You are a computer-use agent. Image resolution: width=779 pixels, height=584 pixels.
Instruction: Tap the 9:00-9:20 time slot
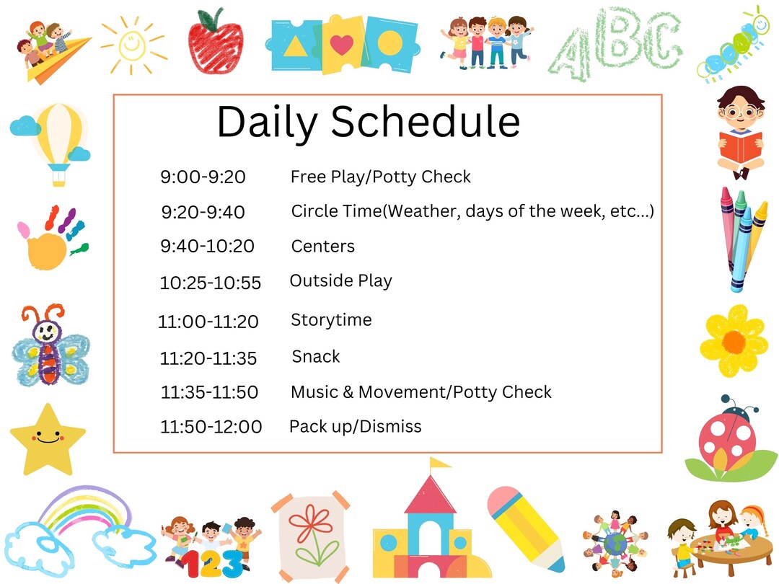203,177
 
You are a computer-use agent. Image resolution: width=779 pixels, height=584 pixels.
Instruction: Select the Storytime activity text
331,319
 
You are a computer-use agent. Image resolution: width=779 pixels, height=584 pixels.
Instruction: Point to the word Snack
316,356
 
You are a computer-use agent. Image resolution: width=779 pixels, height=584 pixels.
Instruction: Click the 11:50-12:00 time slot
211,427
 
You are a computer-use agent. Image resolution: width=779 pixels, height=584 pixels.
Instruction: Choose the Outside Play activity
340,280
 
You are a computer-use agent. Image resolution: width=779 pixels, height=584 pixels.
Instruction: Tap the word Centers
322,247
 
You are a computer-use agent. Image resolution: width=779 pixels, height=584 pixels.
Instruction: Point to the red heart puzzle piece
342,45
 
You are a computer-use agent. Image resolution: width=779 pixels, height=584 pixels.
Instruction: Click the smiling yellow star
47,439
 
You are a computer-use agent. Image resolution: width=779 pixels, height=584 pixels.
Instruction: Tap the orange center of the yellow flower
734,340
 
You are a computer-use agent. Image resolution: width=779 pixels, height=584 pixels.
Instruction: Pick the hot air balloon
58,141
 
